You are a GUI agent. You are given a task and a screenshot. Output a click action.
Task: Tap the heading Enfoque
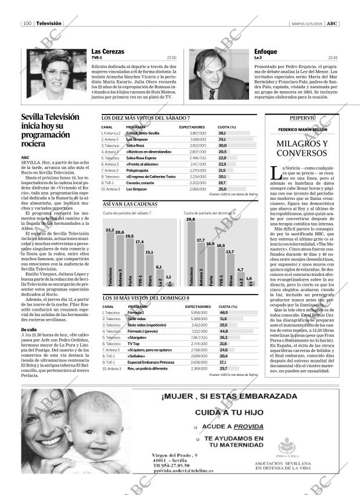(x=265, y=51)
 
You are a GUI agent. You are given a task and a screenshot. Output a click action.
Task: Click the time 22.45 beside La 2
(x=333, y=58)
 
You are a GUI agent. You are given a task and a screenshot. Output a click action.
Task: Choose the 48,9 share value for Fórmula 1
(x=224, y=313)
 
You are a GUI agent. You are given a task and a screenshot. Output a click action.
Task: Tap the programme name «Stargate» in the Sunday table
(x=136, y=337)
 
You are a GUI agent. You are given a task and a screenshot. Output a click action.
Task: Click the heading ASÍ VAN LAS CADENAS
(x=130, y=205)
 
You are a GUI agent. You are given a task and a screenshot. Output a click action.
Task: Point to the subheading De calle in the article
(x=29, y=329)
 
